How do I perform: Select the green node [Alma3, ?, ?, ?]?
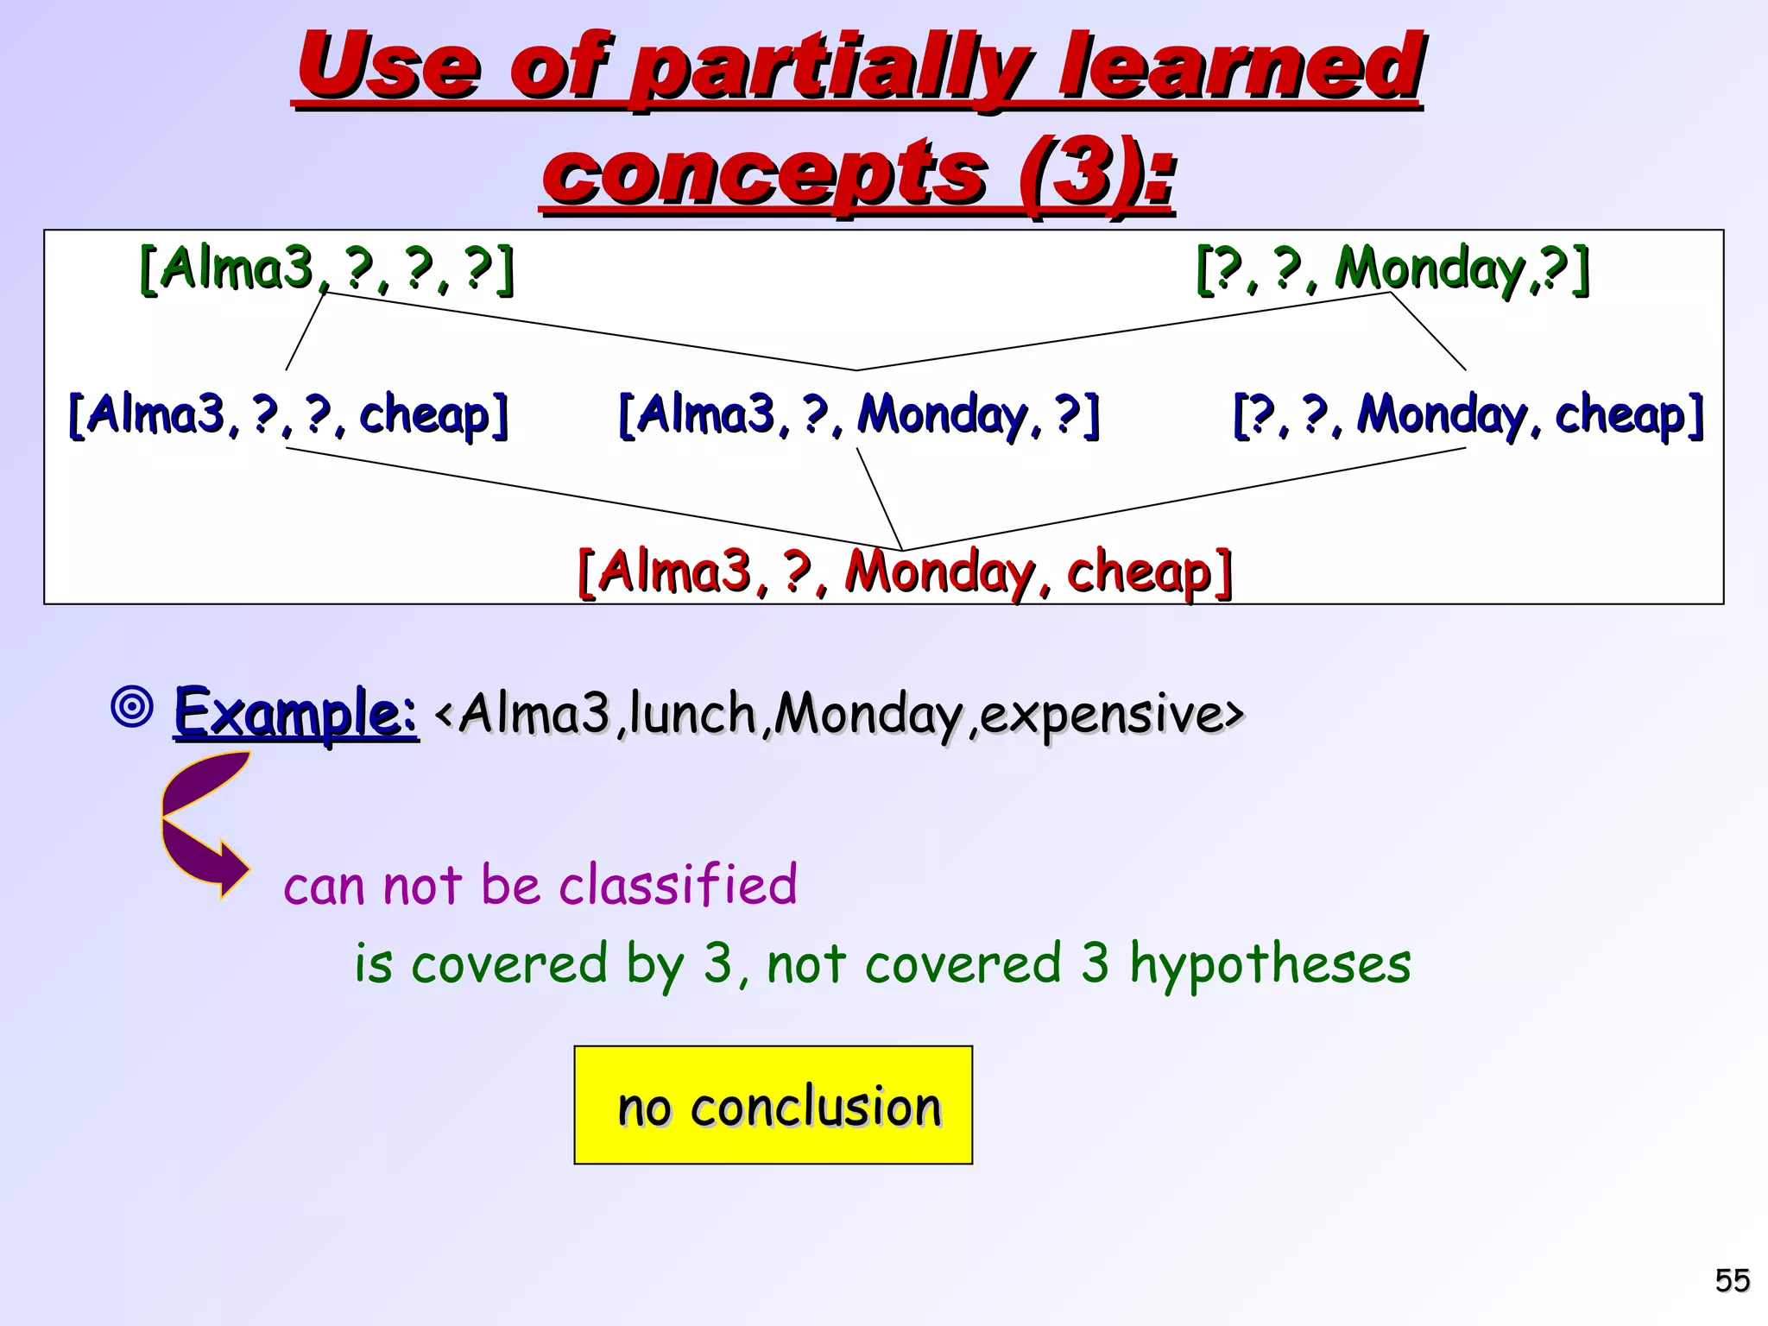(x=326, y=268)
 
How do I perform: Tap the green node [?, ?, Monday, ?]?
(x=1392, y=268)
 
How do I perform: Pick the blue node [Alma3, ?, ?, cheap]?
(x=288, y=415)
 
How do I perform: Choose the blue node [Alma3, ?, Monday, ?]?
(x=859, y=415)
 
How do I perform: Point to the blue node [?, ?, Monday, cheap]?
(x=1468, y=415)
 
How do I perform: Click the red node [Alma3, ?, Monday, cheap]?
(x=905, y=572)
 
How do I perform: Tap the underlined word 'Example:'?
(x=295, y=713)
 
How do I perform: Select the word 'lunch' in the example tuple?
(x=693, y=715)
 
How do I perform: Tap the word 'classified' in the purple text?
(x=678, y=885)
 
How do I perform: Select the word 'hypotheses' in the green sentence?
(x=1270, y=963)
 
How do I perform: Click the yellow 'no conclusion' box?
(x=773, y=1105)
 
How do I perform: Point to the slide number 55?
(x=1732, y=1279)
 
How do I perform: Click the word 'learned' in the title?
(x=1240, y=67)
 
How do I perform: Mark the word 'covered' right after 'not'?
(x=962, y=963)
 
